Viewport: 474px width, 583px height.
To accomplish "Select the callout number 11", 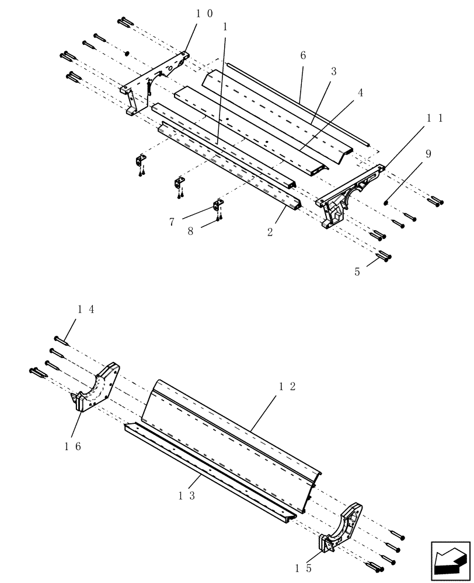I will [434, 118].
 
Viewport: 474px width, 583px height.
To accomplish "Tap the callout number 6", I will [302, 56].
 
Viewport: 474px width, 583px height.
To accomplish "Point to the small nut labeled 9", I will [386, 202].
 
